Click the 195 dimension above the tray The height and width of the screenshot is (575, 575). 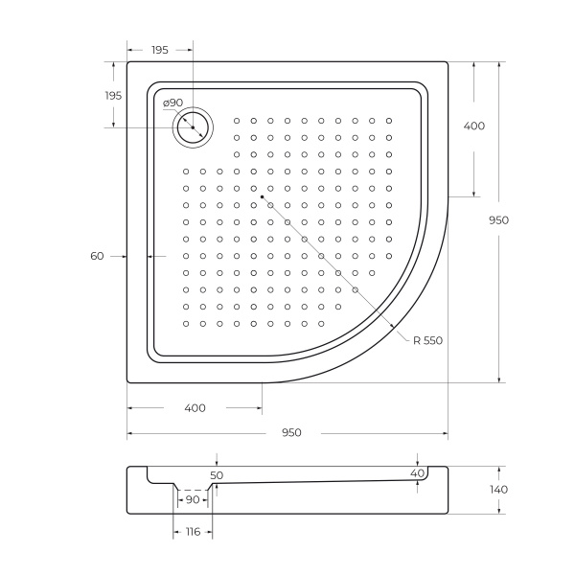[159, 50]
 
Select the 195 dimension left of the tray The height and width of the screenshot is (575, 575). [113, 96]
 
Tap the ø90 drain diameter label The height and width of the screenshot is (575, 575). [172, 103]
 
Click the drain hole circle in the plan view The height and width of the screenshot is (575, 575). [193, 127]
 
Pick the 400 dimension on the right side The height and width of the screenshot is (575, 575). [473, 126]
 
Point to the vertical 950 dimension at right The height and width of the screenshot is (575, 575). [498, 219]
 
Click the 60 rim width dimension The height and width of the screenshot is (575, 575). [97, 256]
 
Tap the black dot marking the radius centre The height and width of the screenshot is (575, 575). [262, 196]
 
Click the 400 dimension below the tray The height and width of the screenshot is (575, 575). [195, 408]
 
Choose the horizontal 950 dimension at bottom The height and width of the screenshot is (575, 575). [291, 433]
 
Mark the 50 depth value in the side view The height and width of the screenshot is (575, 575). [217, 474]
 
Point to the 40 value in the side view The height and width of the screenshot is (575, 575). [417, 473]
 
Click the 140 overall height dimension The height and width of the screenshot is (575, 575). [498, 490]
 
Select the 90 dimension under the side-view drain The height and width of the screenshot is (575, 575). [193, 499]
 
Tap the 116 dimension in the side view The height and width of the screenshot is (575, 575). [193, 532]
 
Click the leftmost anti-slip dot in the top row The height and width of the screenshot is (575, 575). [236, 121]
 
